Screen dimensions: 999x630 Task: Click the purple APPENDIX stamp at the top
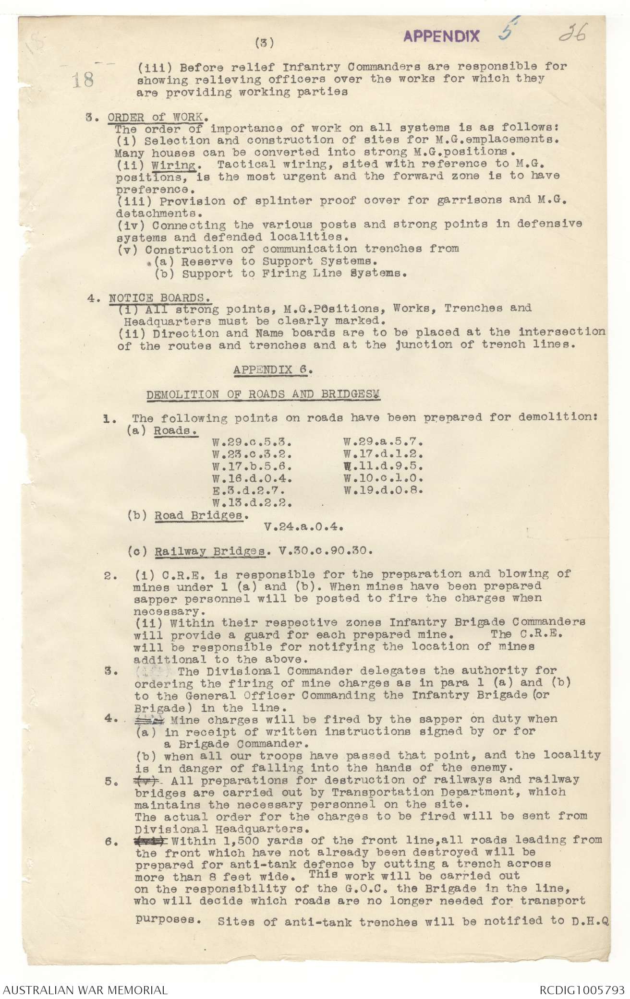[x=441, y=36]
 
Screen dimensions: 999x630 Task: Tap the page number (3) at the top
[x=265, y=43]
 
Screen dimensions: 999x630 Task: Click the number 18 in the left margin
[x=83, y=80]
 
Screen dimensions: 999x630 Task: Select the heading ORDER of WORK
[x=158, y=117]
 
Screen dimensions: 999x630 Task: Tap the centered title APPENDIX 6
[x=273, y=369]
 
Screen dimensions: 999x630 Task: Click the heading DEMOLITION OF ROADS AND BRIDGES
[x=263, y=394]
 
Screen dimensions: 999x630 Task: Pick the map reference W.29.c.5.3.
[x=252, y=441]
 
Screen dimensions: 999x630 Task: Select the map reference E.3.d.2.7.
[x=248, y=491]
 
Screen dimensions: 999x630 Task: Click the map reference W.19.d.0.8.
[x=383, y=490]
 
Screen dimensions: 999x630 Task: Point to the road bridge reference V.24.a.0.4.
[x=303, y=526]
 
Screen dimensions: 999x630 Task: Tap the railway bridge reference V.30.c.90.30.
[x=326, y=550]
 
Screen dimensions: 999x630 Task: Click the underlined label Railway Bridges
[x=209, y=551]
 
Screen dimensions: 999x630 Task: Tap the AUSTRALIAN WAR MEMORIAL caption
[x=84, y=989]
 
